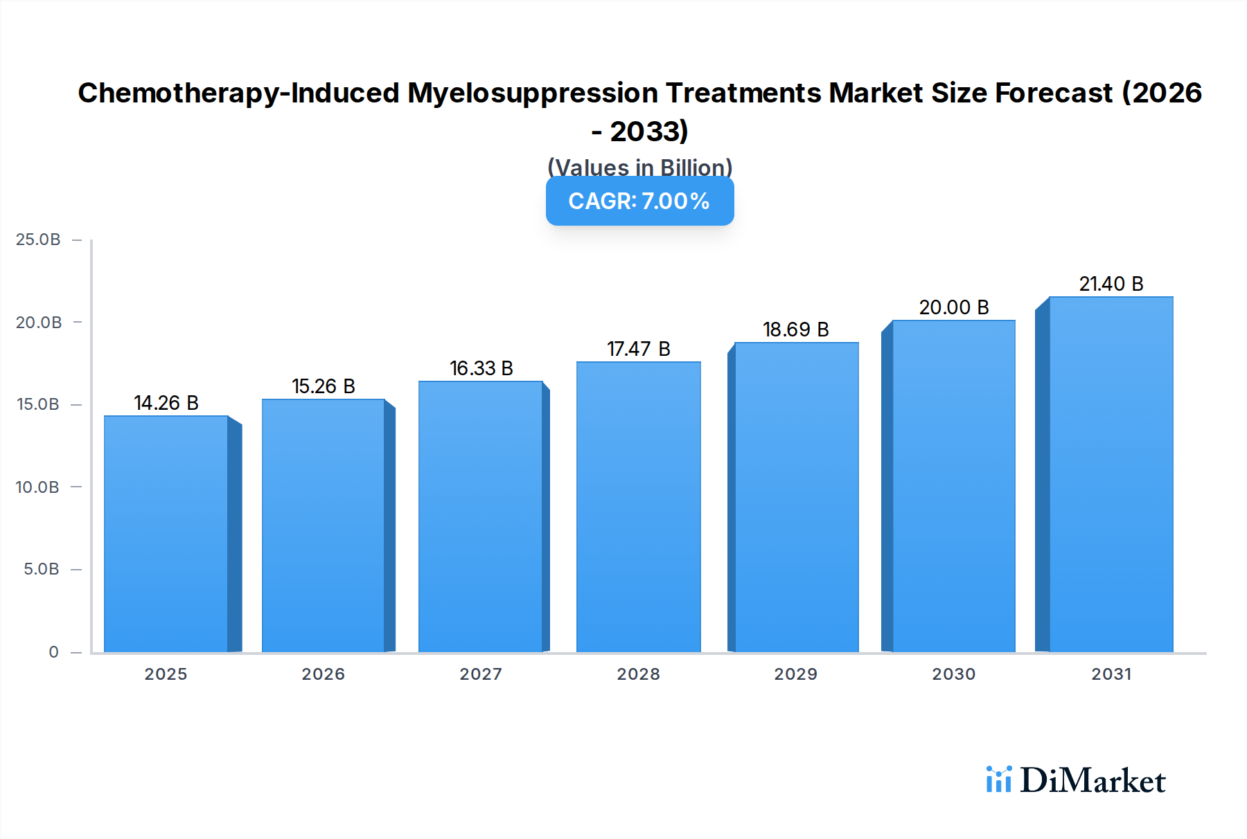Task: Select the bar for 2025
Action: coord(166,533)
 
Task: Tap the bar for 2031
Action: coord(1111,474)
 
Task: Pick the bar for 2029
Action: coord(796,497)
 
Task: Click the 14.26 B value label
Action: coord(166,403)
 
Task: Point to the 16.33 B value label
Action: coord(481,368)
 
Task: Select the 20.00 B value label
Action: coord(954,307)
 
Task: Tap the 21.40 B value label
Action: coord(1111,284)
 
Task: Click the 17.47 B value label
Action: coord(639,349)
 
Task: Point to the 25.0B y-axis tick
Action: coord(38,240)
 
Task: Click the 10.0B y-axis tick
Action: coord(37,487)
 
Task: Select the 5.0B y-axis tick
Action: coord(42,569)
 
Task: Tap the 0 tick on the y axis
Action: coord(53,652)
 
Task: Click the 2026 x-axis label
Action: coord(323,674)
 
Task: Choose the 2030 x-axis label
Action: coord(953,674)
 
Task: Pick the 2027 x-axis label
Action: coord(481,674)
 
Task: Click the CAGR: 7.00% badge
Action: coord(639,201)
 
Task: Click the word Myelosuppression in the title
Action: coord(532,93)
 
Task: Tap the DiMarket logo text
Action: coord(1092,781)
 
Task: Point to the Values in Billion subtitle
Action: coord(639,167)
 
